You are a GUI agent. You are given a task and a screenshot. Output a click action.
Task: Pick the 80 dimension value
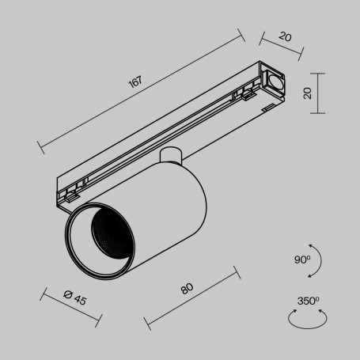tap(187, 289)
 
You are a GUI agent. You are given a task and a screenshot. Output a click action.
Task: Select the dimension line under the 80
tap(192, 298)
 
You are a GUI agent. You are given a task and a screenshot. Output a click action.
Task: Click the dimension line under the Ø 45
tap(70, 309)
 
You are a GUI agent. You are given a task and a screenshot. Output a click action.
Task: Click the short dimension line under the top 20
tap(281, 46)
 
